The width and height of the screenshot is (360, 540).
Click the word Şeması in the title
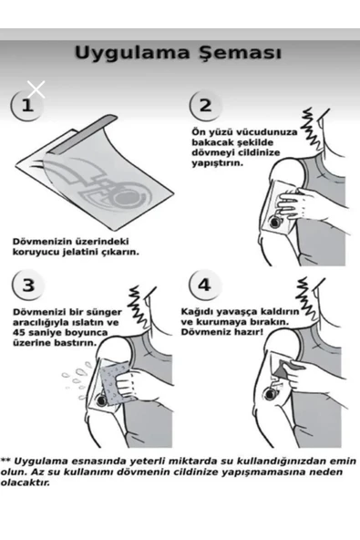click(241, 53)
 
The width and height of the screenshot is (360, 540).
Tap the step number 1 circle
click(27, 105)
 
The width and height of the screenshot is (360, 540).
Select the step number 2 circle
click(205, 106)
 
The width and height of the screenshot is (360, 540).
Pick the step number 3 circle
click(28, 286)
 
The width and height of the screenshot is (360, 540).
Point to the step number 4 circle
click(204, 285)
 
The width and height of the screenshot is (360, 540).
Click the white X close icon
click(36, 90)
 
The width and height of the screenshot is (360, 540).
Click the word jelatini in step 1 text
click(81, 252)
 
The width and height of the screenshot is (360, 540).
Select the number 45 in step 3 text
click(18, 333)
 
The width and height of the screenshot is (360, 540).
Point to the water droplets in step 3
click(77, 379)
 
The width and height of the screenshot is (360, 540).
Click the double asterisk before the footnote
click(5, 460)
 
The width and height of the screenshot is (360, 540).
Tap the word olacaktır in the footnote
click(26, 483)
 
